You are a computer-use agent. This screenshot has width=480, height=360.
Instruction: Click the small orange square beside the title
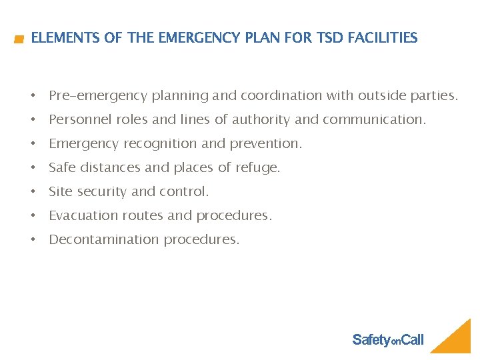pos(19,40)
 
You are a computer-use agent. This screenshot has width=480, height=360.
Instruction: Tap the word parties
pos(433,96)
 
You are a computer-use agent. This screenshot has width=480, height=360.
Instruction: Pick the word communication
pos(374,120)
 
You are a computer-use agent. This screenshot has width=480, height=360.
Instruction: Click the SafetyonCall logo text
pos(387,340)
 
